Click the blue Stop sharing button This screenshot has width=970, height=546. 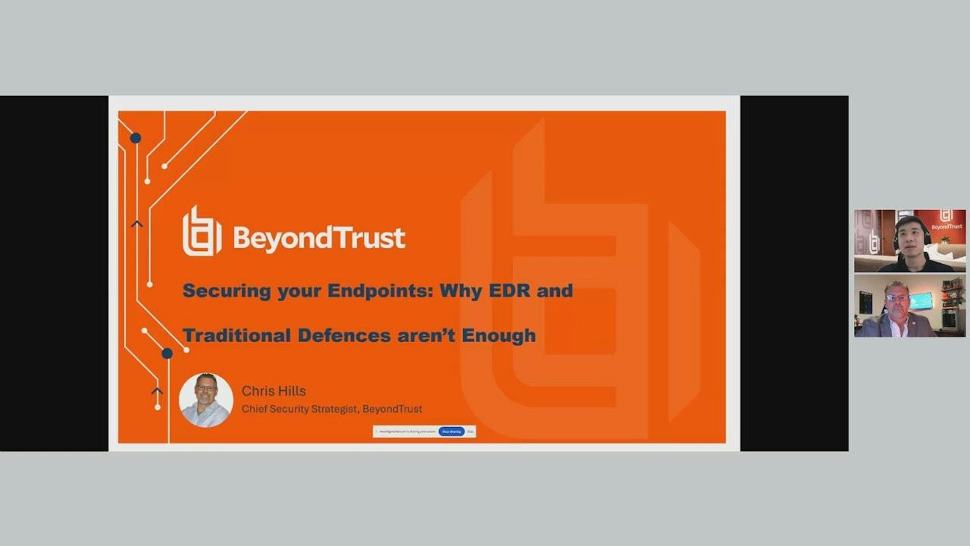click(x=451, y=431)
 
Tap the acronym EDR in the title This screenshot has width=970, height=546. click(x=510, y=291)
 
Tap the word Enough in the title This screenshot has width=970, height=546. click(x=499, y=336)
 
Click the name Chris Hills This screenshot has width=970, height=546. click(x=273, y=391)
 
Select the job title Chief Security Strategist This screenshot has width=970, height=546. click(x=300, y=409)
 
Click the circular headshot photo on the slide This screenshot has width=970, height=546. click(x=206, y=400)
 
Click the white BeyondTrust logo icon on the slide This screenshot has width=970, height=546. click(x=202, y=232)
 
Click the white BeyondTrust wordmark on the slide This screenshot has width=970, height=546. click(x=319, y=238)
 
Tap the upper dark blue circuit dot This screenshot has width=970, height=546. click(x=135, y=138)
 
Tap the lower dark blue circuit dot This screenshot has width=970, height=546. click(x=167, y=353)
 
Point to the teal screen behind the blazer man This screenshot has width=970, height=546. click(x=920, y=300)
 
